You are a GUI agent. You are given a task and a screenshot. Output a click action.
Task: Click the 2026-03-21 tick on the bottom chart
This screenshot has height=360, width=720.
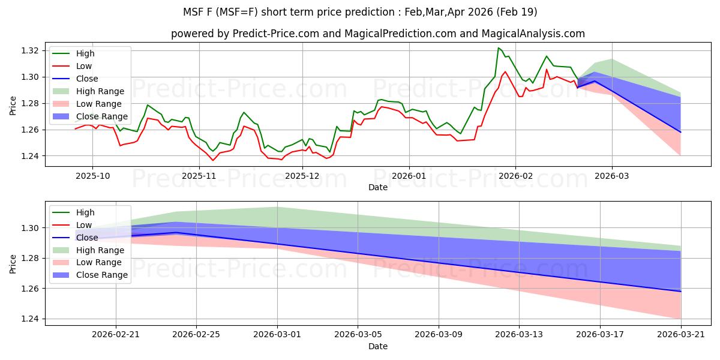tap(681, 335)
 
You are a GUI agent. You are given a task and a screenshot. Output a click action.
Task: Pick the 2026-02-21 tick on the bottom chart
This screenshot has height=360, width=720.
tap(116, 335)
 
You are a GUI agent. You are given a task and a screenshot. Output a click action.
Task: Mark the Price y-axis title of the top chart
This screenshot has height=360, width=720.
tap(13, 105)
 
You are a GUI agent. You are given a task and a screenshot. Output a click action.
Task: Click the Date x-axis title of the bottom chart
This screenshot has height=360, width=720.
tap(378, 346)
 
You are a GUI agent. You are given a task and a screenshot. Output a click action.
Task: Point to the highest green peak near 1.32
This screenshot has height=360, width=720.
tap(499, 47)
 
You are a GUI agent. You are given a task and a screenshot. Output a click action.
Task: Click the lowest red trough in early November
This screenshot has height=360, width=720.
tap(212, 160)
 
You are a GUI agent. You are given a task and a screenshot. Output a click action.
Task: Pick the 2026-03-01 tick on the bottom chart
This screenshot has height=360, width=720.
tap(277, 335)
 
